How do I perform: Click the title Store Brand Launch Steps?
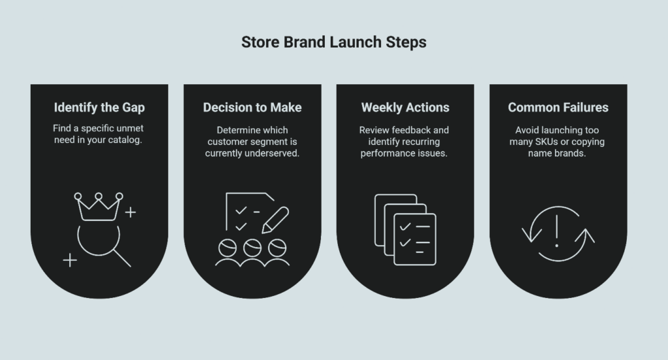click(333, 42)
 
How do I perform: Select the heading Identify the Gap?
click(99, 107)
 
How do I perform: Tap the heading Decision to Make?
click(252, 107)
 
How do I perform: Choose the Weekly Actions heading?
click(405, 107)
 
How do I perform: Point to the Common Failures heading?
click(558, 107)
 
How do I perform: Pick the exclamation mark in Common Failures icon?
click(556, 232)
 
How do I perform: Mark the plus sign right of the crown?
click(130, 212)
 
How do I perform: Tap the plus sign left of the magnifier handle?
click(69, 260)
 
